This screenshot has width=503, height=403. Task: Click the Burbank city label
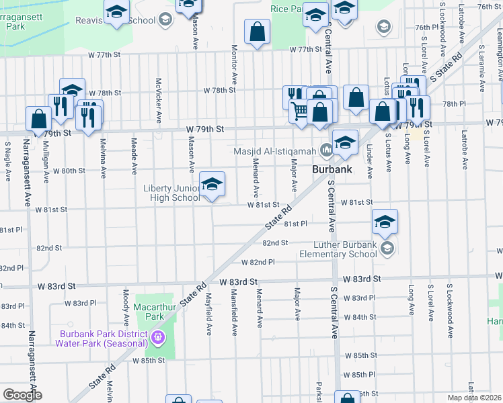332,170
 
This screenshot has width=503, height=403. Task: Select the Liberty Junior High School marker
212,185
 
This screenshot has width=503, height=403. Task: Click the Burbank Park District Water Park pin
158,337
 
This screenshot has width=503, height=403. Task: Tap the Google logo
22,395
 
